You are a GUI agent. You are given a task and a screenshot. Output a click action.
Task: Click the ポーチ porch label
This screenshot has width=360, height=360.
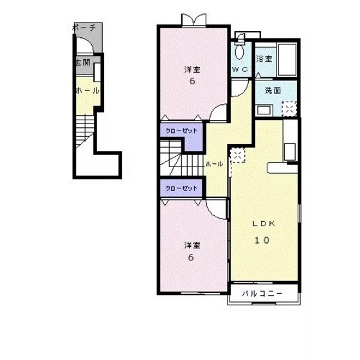point(84,28)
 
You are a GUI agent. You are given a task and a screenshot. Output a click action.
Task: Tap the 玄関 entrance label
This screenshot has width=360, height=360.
point(83,62)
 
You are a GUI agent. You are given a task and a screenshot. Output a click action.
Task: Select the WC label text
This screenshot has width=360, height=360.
point(240,69)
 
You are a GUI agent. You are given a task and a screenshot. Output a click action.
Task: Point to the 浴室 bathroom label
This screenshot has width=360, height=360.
point(264,59)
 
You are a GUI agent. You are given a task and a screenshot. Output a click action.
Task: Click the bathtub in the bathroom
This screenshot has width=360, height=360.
point(287,60)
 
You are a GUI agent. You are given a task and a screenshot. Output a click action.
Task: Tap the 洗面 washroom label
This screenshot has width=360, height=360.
point(273,90)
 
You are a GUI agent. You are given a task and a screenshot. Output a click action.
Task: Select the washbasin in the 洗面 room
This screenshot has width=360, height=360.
point(264,110)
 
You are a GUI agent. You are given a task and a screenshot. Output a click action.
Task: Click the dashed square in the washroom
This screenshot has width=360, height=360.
point(289,109)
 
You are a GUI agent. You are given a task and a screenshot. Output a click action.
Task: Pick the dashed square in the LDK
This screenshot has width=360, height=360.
point(238,156)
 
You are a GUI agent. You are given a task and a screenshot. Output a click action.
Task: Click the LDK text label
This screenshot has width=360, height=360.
point(264,224)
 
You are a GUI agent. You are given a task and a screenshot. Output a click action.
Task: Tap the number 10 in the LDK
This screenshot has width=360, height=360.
point(262,240)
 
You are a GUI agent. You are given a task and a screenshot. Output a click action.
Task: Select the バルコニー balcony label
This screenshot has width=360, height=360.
point(262,294)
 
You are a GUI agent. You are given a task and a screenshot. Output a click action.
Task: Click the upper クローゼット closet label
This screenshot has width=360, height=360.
point(181,131)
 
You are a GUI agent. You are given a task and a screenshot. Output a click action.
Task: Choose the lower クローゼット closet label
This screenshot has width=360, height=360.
point(181,188)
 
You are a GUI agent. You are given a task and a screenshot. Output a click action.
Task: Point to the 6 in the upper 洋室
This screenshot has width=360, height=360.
point(192,81)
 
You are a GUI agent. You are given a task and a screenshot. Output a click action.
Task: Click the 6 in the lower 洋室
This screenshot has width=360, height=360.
point(191,257)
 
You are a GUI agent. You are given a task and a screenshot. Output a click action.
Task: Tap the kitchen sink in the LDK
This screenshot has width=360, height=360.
point(290,152)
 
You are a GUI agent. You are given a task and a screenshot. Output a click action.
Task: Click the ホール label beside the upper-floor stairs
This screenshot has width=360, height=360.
point(214,164)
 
